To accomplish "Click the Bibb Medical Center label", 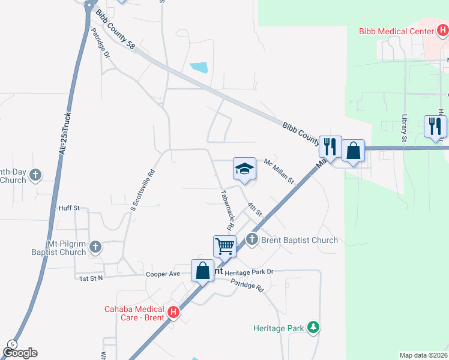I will point(396,31).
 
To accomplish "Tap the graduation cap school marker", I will point(244,170).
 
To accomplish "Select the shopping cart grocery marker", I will point(224,245).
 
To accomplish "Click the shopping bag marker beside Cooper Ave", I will point(203,270).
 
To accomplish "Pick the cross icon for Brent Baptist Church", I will point(252,240).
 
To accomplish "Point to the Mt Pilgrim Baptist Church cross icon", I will point(95,246).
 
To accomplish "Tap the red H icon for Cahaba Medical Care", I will point(173,312).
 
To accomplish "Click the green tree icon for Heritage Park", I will point(312,328).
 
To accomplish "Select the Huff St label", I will point(69,208).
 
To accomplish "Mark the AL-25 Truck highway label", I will point(65,134).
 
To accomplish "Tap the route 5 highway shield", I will point(11,344).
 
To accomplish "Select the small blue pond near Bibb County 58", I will point(199,67).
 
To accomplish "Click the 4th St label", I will point(255,209).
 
